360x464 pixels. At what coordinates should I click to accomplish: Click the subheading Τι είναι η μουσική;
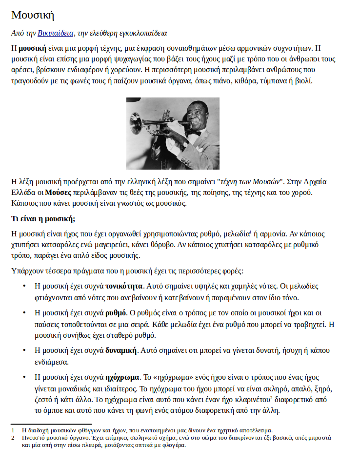tap(43, 218)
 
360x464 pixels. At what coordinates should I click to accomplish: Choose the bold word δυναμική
tap(121, 350)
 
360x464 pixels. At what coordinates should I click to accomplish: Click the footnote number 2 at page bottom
tap(13, 438)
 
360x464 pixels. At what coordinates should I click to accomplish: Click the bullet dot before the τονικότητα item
tap(24, 286)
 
